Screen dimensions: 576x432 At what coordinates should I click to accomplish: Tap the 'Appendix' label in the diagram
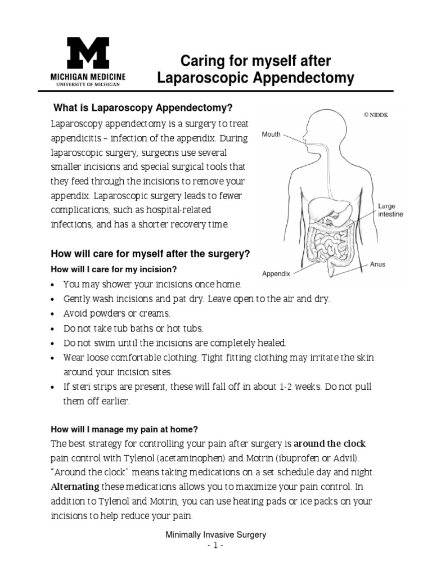pyautogui.click(x=276, y=274)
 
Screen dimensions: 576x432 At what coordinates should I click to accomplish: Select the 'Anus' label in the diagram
pyautogui.click(x=377, y=264)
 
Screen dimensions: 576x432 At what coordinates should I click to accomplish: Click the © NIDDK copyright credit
pyautogui.click(x=376, y=115)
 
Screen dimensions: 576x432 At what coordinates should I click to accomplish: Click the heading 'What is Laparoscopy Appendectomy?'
pyautogui.click(x=142, y=107)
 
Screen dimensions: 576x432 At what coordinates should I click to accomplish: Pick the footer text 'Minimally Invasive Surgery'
pyautogui.click(x=215, y=535)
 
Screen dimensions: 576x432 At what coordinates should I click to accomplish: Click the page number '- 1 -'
pyautogui.click(x=215, y=546)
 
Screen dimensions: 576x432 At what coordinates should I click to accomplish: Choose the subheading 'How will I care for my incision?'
pyautogui.click(x=115, y=269)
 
